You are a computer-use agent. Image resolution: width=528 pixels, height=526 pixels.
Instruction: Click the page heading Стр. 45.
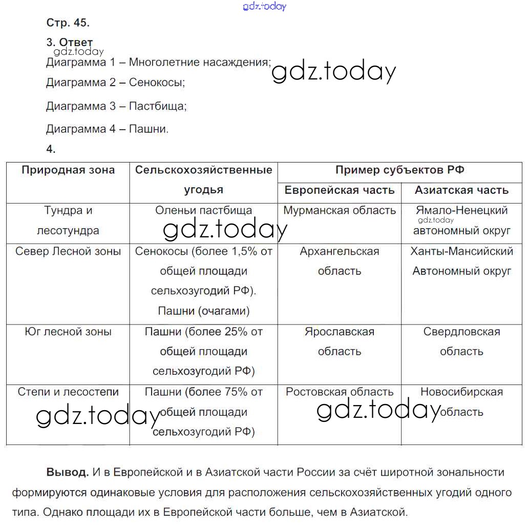tap(68, 23)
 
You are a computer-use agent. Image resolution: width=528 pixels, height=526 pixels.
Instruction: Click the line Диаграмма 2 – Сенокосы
tap(115, 82)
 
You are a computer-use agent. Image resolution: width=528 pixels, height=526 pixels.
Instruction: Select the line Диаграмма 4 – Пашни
tap(107, 129)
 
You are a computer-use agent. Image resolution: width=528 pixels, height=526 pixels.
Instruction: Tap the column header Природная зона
tap(68, 170)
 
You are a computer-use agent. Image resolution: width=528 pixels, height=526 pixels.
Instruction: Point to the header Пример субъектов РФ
tap(399, 170)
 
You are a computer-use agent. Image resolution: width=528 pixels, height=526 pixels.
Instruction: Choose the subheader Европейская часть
tap(340, 190)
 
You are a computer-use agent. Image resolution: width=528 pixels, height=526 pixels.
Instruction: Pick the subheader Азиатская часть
tap(461, 190)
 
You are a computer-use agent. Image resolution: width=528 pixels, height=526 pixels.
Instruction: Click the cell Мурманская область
tap(340, 210)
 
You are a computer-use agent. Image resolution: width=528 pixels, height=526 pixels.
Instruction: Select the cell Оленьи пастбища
tap(203, 210)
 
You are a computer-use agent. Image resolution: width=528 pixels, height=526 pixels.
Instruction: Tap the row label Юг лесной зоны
tap(68, 332)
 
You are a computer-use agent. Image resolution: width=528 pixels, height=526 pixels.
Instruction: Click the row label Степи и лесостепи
tap(68, 392)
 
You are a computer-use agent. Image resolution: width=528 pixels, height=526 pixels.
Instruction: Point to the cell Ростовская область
tap(340, 392)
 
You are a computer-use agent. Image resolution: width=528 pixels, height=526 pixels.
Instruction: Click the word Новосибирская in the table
tap(461, 392)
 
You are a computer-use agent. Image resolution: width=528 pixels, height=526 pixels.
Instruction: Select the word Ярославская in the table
tap(340, 332)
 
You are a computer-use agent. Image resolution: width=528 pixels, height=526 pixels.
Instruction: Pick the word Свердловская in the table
tap(461, 332)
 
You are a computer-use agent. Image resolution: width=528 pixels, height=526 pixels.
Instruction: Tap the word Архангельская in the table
tap(340, 251)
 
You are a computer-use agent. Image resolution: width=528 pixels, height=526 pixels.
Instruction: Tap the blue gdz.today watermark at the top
tap(265, 6)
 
